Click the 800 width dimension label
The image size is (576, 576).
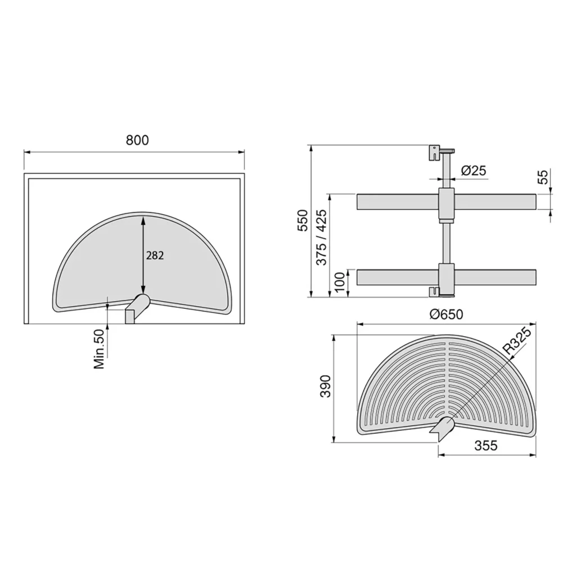(137, 140)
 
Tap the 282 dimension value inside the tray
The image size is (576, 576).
(155, 255)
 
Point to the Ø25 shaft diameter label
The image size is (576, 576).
(474, 170)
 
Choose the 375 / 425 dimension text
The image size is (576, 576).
(321, 237)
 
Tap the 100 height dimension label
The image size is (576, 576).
(340, 281)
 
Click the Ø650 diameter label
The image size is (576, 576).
(446, 314)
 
